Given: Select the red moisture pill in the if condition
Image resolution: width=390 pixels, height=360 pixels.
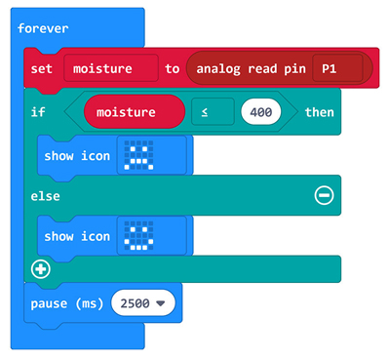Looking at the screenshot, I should pyautogui.click(x=134, y=112).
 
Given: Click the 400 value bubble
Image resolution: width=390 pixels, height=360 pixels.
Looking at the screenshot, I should pyautogui.click(x=261, y=112).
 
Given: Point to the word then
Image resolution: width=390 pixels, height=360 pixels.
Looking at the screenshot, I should pyautogui.click(x=319, y=112).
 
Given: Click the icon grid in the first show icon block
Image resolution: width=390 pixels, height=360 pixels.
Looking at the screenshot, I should pyautogui.click(x=141, y=154).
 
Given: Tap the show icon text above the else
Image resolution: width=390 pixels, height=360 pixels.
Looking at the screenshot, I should pyautogui.click(x=77, y=154).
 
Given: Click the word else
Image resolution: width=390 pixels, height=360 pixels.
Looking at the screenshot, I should pyautogui.click(x=45, y=195).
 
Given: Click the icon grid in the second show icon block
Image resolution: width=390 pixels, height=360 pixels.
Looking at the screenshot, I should pyautogui.click(x=141, y=236).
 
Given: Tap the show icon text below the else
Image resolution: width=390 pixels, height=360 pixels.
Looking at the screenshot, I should pyautogui.click(x=77, y=236).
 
